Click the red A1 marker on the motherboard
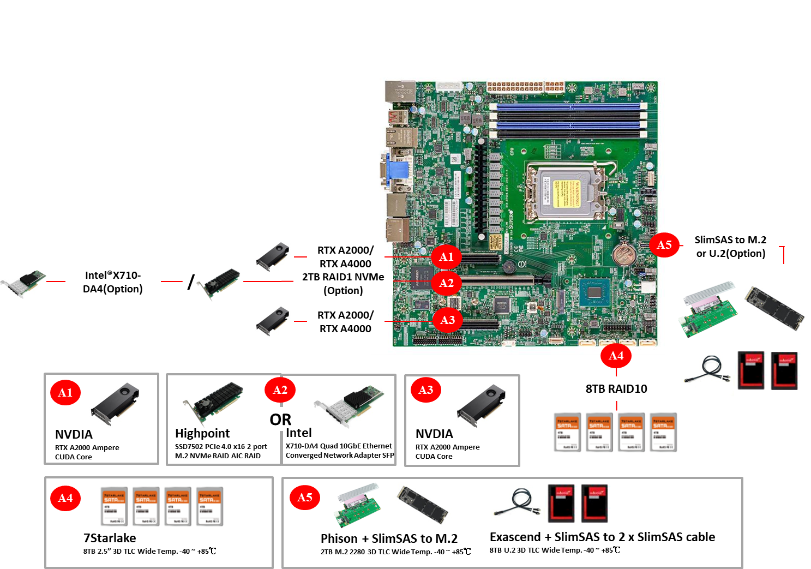coord(446,257)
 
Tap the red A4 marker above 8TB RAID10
coord(616,356)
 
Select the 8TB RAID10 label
coord(616,388)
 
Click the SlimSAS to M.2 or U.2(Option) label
coord(730,247)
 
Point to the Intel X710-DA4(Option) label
coord(113,282)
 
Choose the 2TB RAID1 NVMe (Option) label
coord(343,284)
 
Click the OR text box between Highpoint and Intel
coord(280,419)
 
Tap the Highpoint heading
coord(202,433)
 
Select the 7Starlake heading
coord(110,538)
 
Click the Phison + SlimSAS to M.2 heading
coord(389,538)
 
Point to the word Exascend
coord(515,537)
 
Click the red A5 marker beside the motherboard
coord(664,245)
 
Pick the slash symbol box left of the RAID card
coord(191,281)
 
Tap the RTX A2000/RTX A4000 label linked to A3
coord(345,322)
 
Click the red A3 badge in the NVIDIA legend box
coord(425,390)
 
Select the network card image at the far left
coord(23,284)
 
